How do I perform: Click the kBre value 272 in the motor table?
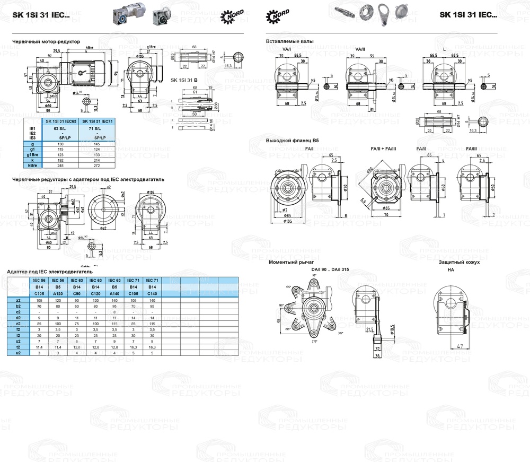click(x=96, y=166)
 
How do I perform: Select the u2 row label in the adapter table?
click(x=18, y=352)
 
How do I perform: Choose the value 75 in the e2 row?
click(x=77, y=324)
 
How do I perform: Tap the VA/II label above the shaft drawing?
click(x=360, y=49)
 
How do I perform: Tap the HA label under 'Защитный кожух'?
click(x=450, y=269)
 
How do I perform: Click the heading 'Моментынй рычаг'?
click(x=291, y=262)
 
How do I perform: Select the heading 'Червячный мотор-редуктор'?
click(x=46, y=41)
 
